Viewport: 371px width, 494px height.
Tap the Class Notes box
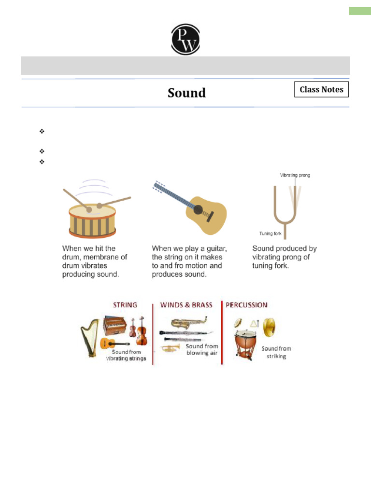coord(321,90)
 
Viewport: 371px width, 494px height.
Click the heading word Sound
coord(186,93)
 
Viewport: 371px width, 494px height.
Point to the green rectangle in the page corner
coord(360,11)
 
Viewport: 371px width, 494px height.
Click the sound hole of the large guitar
coord(198,210)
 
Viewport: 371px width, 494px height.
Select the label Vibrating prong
coord(295,175)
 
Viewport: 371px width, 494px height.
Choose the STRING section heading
coord(125,305)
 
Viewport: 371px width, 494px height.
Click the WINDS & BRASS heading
coord(187,305)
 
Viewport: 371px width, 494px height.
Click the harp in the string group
coord(89,338)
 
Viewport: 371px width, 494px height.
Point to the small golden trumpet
coord(170,347)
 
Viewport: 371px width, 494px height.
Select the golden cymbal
coord(270,328)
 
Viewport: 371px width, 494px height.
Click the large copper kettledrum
coord(245,343)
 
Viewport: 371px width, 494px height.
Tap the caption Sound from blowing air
coord(202,349)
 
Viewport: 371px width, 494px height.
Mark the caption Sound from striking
coord(276,352)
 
